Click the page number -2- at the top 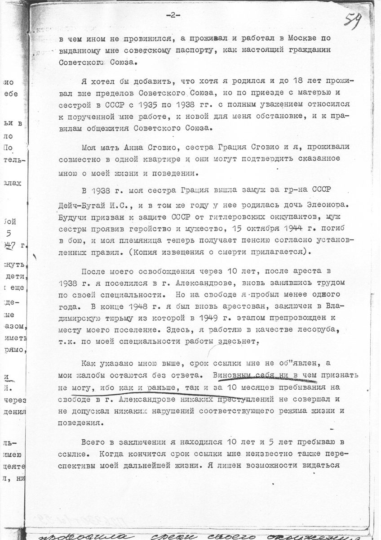point(173,15)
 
